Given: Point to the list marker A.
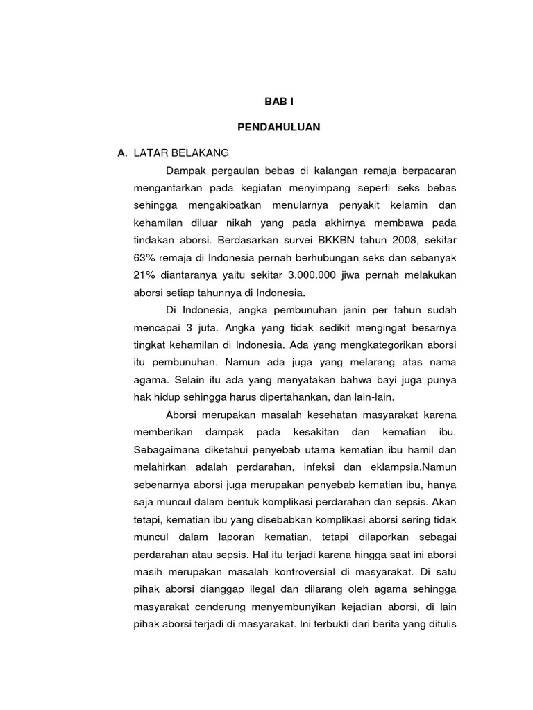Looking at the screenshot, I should pyautogui.click(x=123, y=153).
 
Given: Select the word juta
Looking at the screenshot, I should pyautogui.click(x=211, y=327).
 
